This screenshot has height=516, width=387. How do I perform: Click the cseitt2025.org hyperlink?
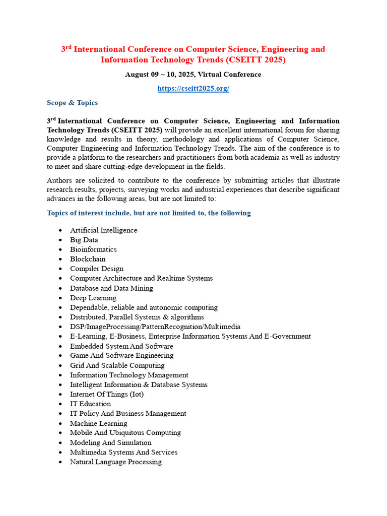193,89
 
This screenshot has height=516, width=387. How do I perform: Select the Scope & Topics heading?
72,103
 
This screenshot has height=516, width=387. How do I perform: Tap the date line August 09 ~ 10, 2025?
193,75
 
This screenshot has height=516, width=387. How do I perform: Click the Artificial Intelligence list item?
103,230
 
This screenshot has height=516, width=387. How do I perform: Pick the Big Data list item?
84,240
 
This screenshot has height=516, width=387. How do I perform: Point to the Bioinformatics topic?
93,249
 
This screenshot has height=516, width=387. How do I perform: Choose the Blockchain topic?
88,259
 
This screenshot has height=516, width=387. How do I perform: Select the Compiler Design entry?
96,269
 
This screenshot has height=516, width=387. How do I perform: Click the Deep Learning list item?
93,298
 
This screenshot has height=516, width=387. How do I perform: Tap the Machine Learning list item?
98,423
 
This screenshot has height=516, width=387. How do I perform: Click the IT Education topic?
90,404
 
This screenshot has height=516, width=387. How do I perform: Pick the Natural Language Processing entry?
115,462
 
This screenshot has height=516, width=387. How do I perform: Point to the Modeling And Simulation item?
110,442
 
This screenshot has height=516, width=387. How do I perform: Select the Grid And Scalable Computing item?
117,365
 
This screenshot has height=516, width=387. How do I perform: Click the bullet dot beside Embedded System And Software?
60,347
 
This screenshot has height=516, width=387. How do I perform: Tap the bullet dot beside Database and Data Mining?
60,289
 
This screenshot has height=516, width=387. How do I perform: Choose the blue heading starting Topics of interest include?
149,213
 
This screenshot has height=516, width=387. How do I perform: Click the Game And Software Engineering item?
121,355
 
